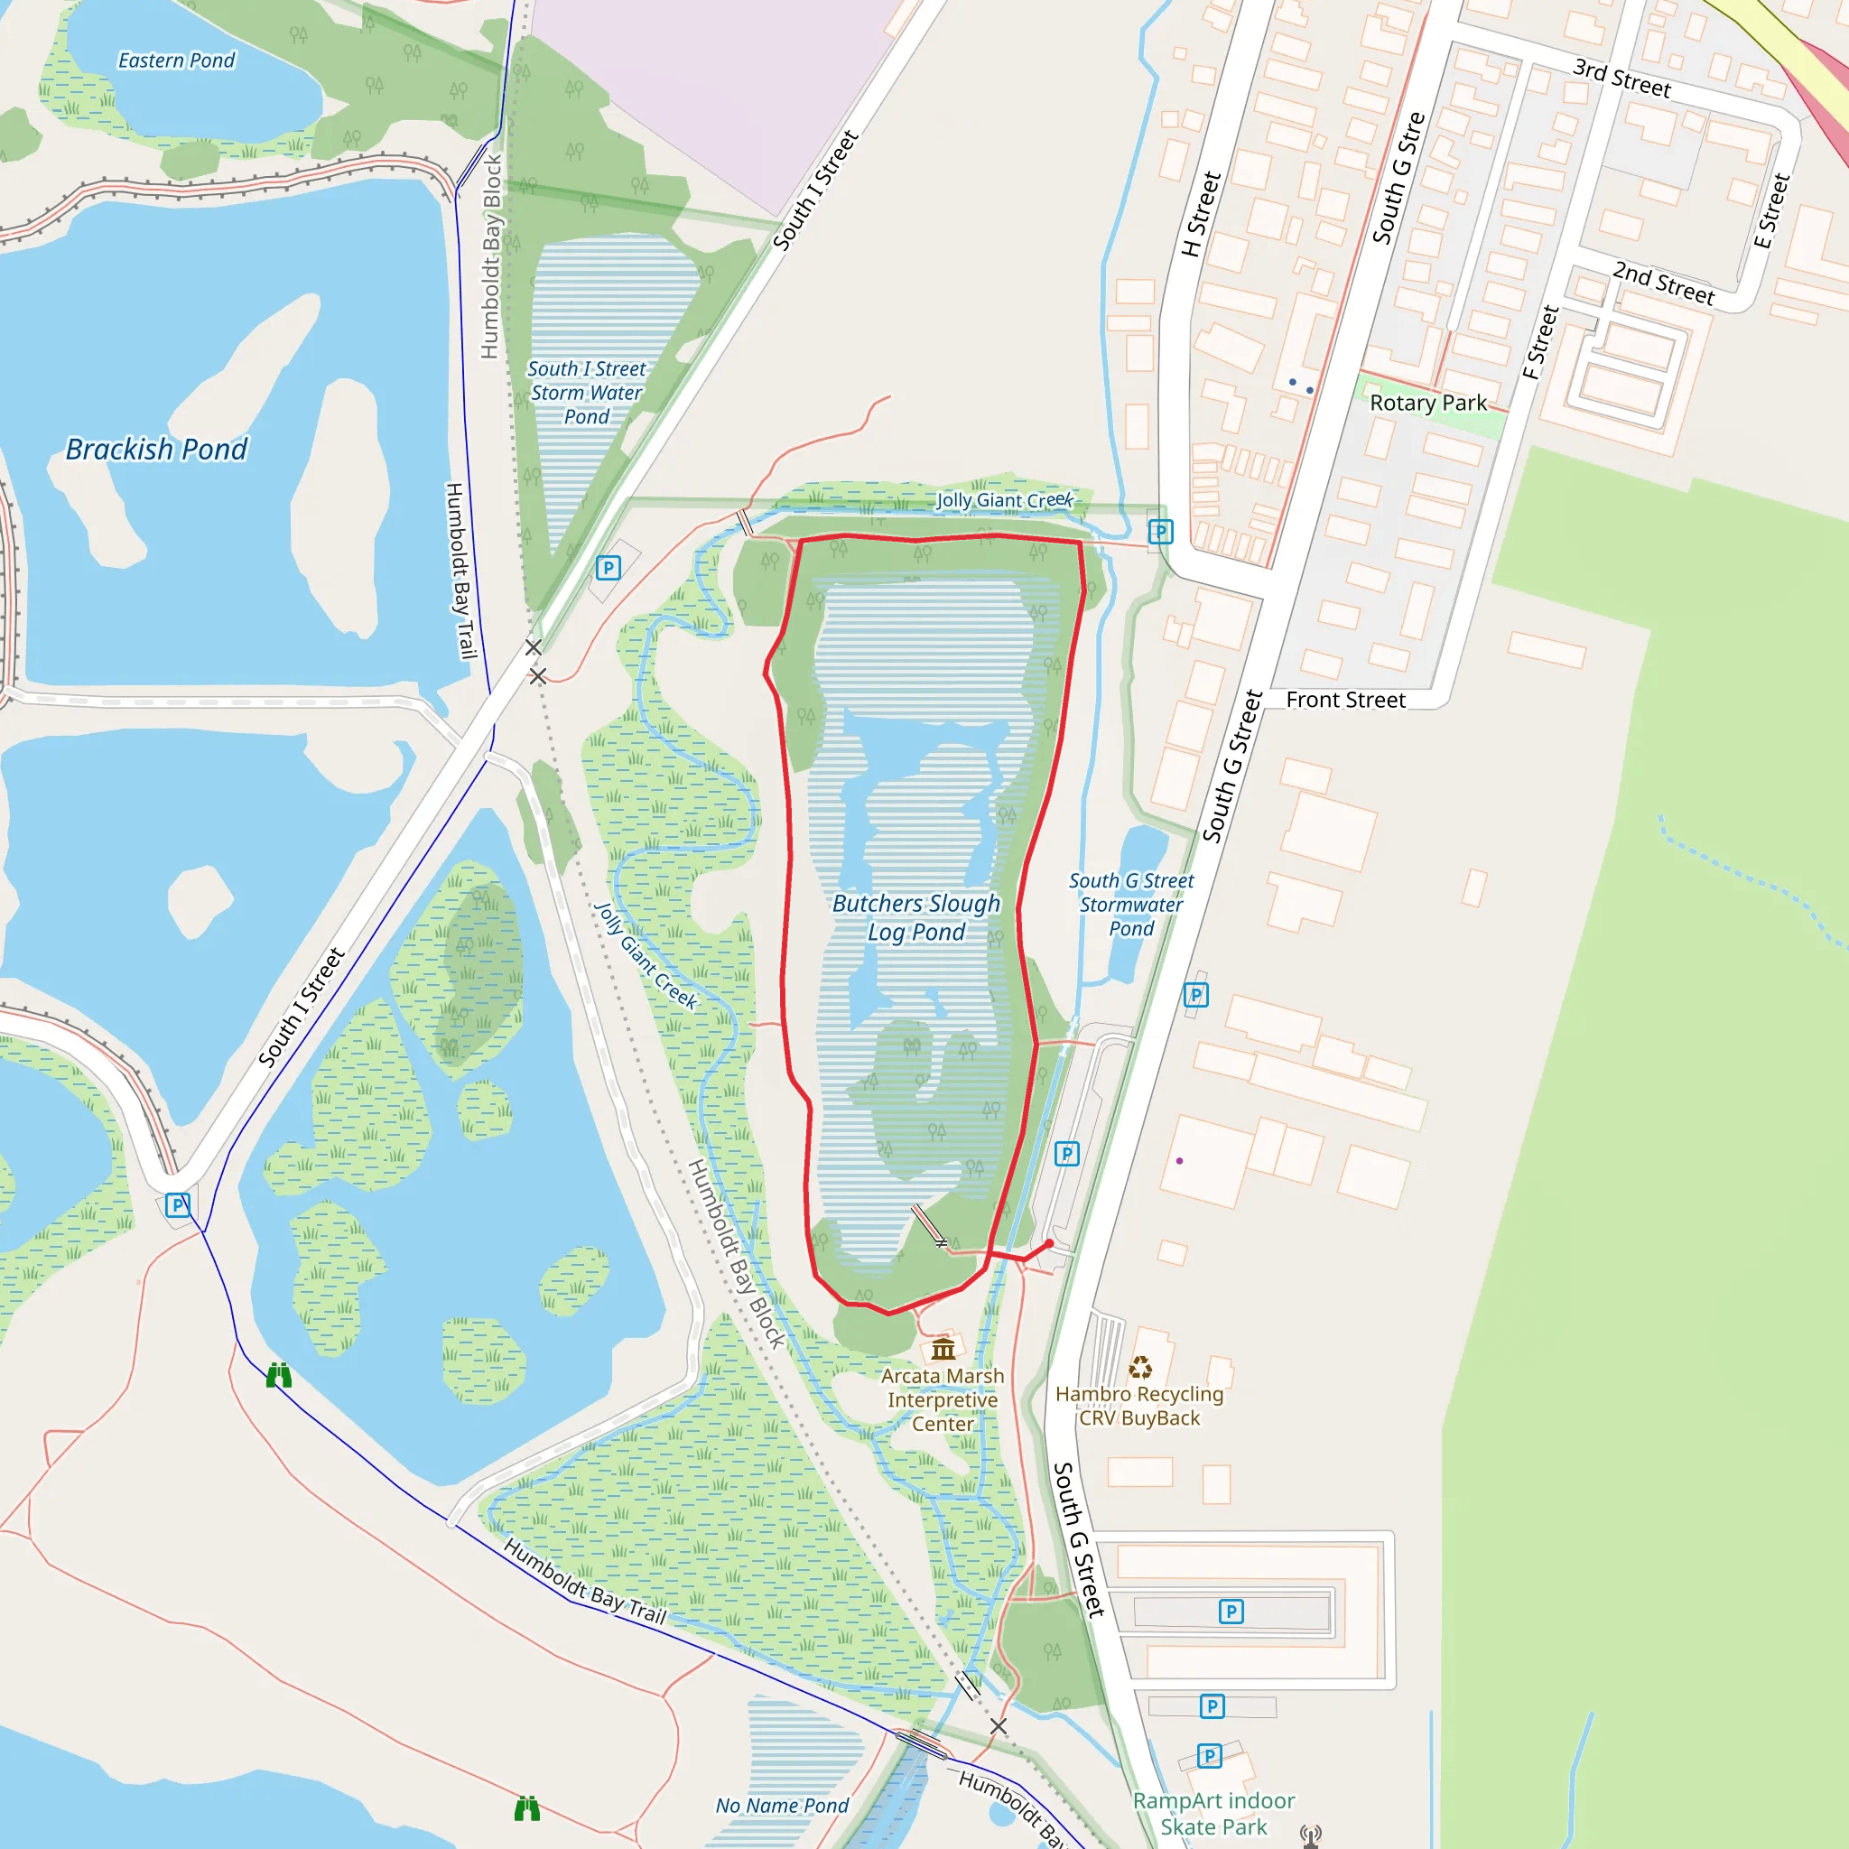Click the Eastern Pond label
pyautogui.click(x=176, y=60)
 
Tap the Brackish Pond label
pyautogui.click(x=156, y=449)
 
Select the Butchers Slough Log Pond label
pyautogui.click(x=915, y=917)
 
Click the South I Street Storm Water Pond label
pyautogui.click(x=586, y=393)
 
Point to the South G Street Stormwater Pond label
pyautogui.click(x=1130, y=904)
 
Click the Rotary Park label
pyautogui.click(x=1428, y=403)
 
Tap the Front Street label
pyautogui.click(x=1344, y=700)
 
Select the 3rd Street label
pyautogui.click(x=1621, y=79)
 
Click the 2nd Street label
pyautogui.click(x=1663, y=283)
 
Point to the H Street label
pyautogui.click(x=1201, y=214)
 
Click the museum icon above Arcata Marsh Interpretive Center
pyautogui.click(x=943, y=1350)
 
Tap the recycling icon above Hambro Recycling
pyautogui.click(x=1140, y=1367)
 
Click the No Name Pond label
pyautogui.click(x=782, y=1805)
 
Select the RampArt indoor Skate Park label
pyautogui.click(x=1213, y=1814)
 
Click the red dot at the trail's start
pyautogui.click(x=1049, y=1243)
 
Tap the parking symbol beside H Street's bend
pyautogui.click(x=1160, y=531)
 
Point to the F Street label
pyautogui.click(x=1541, y=341)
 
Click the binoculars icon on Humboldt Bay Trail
pyautogui.click(x=278, y=1375)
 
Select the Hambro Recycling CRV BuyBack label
pyautogui.click(x=1138, y=1406)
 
